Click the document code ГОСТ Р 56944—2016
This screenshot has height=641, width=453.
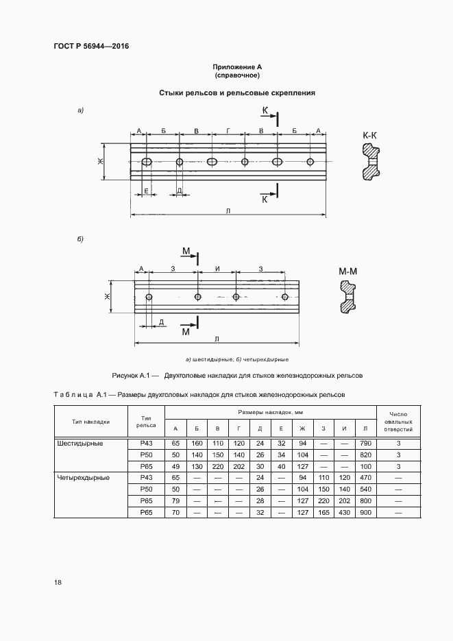(91, 47)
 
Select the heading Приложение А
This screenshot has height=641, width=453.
(237, 67)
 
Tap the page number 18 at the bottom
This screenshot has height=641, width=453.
(58, 582)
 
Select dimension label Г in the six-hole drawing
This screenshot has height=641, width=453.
(228, 130)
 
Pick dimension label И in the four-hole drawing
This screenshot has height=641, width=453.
(217, 269)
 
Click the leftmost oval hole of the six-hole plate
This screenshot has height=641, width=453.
(146, 162)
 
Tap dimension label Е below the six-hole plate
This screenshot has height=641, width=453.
(145, 190)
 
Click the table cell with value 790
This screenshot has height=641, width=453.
(365, 444)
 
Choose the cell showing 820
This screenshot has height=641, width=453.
(365, 455)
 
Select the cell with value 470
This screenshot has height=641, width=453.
(365, 477)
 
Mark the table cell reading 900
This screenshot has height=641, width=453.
(365, 511)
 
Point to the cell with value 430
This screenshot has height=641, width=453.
(345, 511)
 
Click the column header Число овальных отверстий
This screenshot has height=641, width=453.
(399, 422)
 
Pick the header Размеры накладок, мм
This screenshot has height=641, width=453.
(271, 412)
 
